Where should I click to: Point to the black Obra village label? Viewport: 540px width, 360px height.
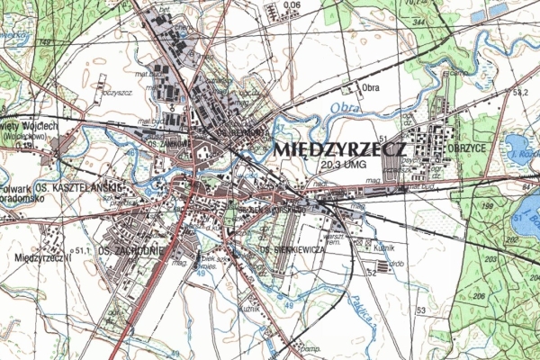pyautogui.click(x=370, y=87)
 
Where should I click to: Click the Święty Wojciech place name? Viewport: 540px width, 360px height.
pyautogui.click(x=30, y=126)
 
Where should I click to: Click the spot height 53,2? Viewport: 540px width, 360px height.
pyautogui.click(x=518, y=92)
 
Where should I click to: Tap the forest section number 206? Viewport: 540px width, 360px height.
pyautogui.click(x=481, y=294)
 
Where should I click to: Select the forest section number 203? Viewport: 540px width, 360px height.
pyautogui.click(x=489, y=259)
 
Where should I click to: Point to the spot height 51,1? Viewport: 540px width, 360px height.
pyautogui.click(x=85, y=251)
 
